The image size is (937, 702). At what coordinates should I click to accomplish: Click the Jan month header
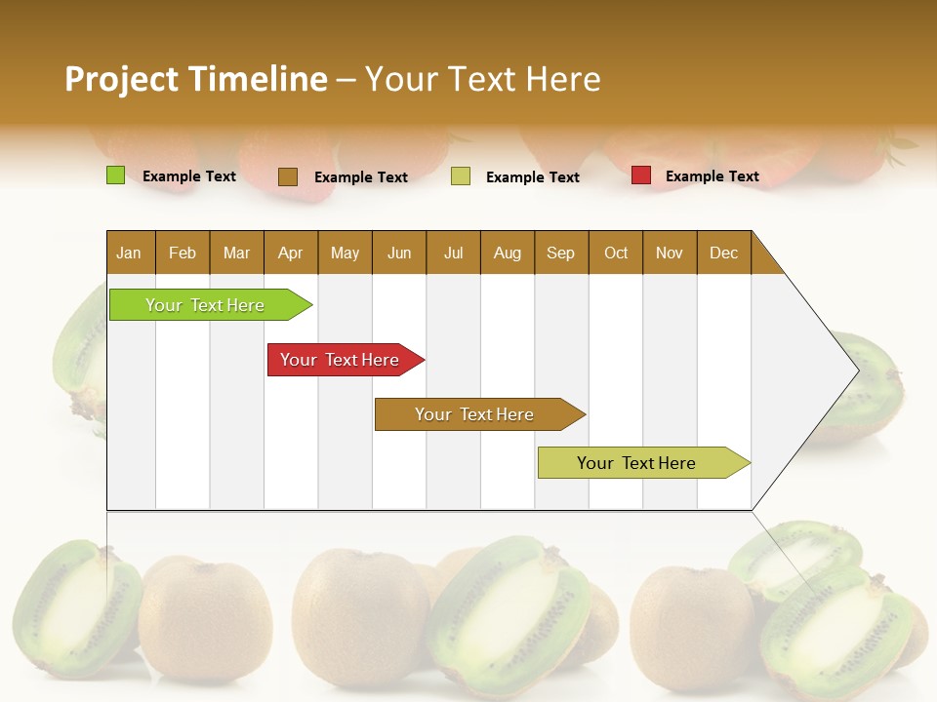pos(130,253)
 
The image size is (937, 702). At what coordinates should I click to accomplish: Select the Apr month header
pos(291,253)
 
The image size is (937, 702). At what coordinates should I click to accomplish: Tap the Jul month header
pos(453,253)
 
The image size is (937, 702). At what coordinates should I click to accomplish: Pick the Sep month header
pos(561,253)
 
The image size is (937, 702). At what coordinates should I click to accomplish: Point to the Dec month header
pos(723,253)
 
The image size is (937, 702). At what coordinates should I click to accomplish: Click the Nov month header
pos(670,253)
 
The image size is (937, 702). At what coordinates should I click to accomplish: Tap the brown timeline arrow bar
pos(475,414)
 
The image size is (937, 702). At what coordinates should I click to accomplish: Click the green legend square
pos(115,175)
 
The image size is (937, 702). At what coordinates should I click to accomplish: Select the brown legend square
pos(287,176)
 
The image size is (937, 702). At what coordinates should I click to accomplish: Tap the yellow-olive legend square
pos(461,176)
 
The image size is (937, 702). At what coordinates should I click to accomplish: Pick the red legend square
pos(640,175)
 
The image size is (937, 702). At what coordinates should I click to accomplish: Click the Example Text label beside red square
pos(712,176)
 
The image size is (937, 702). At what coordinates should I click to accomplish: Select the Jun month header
pos(399,253)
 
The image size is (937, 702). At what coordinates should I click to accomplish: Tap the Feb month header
pos(183,253)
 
